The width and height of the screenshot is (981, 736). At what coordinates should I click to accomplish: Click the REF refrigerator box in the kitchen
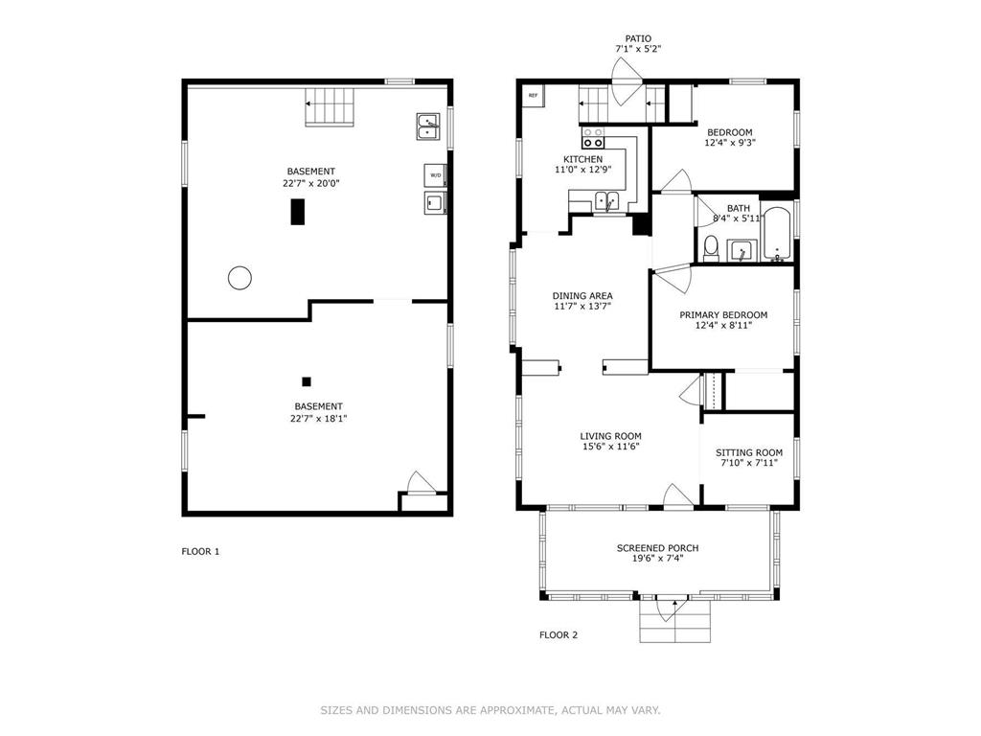click(x=533, y=95)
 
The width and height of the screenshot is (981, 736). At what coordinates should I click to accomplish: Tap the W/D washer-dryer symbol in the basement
click(x=435, y=175)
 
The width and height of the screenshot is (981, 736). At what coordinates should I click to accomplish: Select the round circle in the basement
click(x=240, y=278)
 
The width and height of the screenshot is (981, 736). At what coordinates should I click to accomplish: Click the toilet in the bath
click(x=711, y=248)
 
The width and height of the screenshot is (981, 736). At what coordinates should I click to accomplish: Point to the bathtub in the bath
click(x=776, y=234)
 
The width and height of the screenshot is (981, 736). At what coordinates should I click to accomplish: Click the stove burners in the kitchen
click(x=594, y=137)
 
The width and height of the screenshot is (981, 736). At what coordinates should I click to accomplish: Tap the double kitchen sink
click(x=605, y=201)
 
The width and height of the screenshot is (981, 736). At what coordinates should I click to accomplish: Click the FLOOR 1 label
click(x=200, y=551)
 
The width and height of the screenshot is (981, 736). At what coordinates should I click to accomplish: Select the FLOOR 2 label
click(x=559, y=634)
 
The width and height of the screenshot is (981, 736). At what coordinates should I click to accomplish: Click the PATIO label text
click(x=638, y=38)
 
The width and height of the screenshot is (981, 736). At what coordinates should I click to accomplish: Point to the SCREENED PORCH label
click(x=657, y=548)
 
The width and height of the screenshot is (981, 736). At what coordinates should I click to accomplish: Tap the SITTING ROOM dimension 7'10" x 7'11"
click(x=748, y=464)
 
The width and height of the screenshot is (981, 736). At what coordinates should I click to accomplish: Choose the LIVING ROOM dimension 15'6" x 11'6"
click(x=610, y=447)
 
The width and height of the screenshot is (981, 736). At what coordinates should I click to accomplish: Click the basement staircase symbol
click(x=329, y=106)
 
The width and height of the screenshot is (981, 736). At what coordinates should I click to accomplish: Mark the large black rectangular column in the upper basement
click(x=298, y=212)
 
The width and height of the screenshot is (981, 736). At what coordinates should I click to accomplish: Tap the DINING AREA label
click(x=582, y=295)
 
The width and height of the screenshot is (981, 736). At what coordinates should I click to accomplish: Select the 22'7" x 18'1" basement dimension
click(x=319, y=419)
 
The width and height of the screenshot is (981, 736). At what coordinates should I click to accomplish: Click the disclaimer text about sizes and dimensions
click(x=490, y=710)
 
